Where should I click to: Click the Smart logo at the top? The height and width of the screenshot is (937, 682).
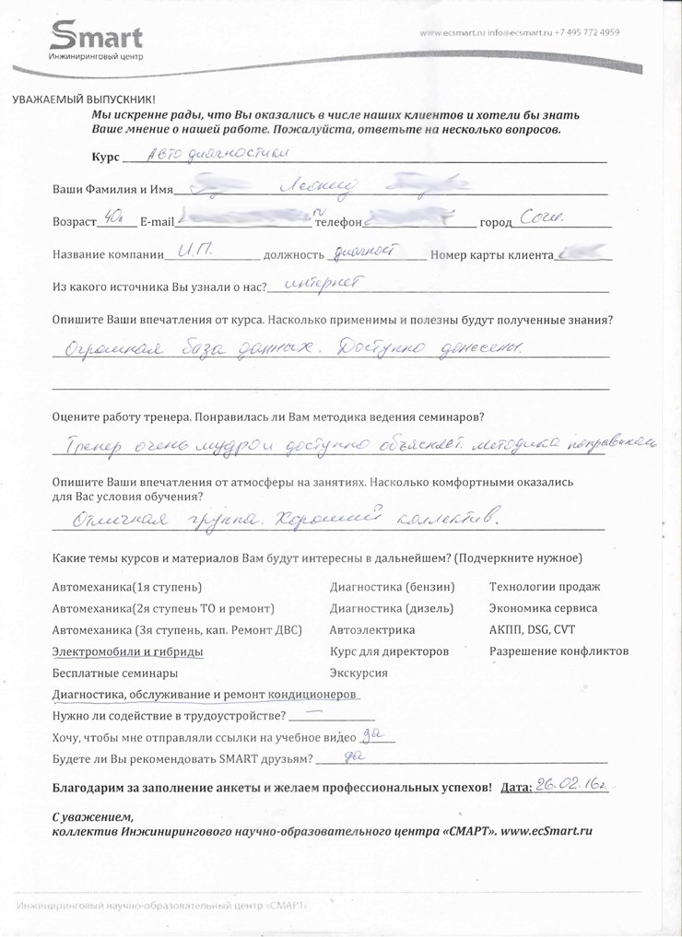tap(96, 41)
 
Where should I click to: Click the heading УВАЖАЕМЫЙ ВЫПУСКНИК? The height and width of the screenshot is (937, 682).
tap(84, 100)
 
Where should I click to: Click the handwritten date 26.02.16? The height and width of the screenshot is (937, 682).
tap(573, 784)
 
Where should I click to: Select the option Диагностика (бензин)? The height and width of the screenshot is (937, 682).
tap(392, 587)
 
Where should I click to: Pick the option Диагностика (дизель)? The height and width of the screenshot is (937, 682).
tap(391, 608)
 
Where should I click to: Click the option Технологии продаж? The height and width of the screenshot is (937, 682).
tap(544, 587)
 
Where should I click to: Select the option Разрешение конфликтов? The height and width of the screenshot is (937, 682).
tap(559, 651)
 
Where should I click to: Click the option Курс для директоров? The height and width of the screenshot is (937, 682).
tap(389, 651)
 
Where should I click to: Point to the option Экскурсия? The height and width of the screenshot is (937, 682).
tap(359, 673)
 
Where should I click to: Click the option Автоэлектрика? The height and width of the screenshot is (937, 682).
tap(371, 630)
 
